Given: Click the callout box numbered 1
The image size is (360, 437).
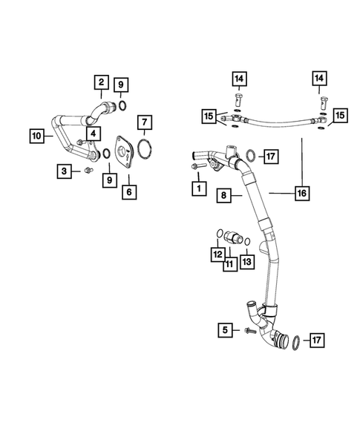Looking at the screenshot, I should [x=197, y=189].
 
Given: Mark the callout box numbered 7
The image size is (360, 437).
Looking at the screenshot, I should [x=145, y=121].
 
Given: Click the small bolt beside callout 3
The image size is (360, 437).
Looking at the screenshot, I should [x=88, y=172].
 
